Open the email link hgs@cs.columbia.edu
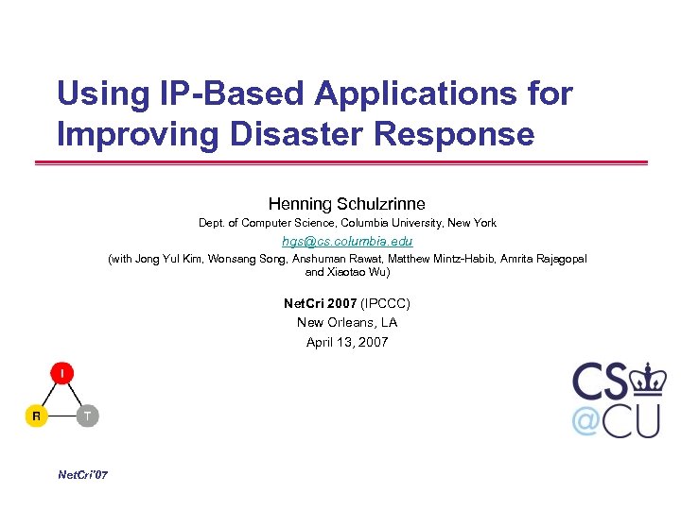[347, 241]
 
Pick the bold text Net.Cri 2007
[320, 304]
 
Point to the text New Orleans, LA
[347, 323]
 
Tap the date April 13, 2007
[347, 342]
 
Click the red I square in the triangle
[62, 374]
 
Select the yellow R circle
[36, 416]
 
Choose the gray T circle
[87, 416]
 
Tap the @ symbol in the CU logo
[586, 420]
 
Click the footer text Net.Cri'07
[83, 474]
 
